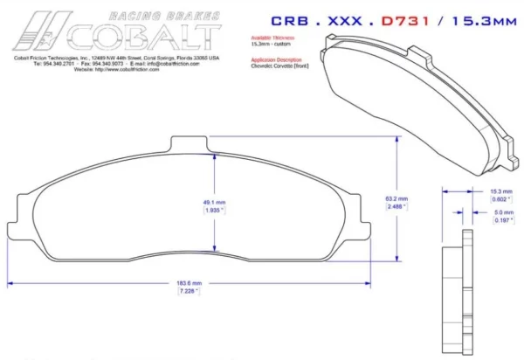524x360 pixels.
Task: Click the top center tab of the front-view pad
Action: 190,143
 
